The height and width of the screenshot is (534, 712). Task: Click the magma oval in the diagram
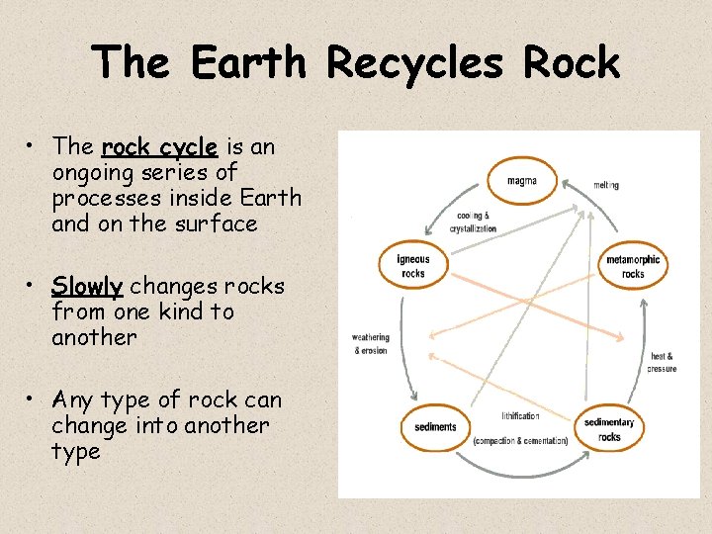click(521, 181)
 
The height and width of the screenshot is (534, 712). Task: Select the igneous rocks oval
click(413, 266)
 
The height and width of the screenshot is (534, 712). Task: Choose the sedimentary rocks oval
click(609, 429)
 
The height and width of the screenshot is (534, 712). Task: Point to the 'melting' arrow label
click(606, 185)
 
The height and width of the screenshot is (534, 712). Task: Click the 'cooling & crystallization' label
click(473, 222)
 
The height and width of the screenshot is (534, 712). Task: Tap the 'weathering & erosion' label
click(371, 344)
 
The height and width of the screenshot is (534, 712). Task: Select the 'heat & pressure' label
click(662, 362)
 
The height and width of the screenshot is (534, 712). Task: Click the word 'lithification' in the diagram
click(520, 416)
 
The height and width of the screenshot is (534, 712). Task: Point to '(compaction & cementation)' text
click(520, 440)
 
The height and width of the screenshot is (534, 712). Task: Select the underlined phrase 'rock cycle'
click(159, 147)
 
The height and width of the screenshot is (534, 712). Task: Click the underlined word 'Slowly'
click(88, 287)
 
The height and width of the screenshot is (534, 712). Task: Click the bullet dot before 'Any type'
click(34, 399)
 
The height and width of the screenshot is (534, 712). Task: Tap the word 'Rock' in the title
click(572, 63)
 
